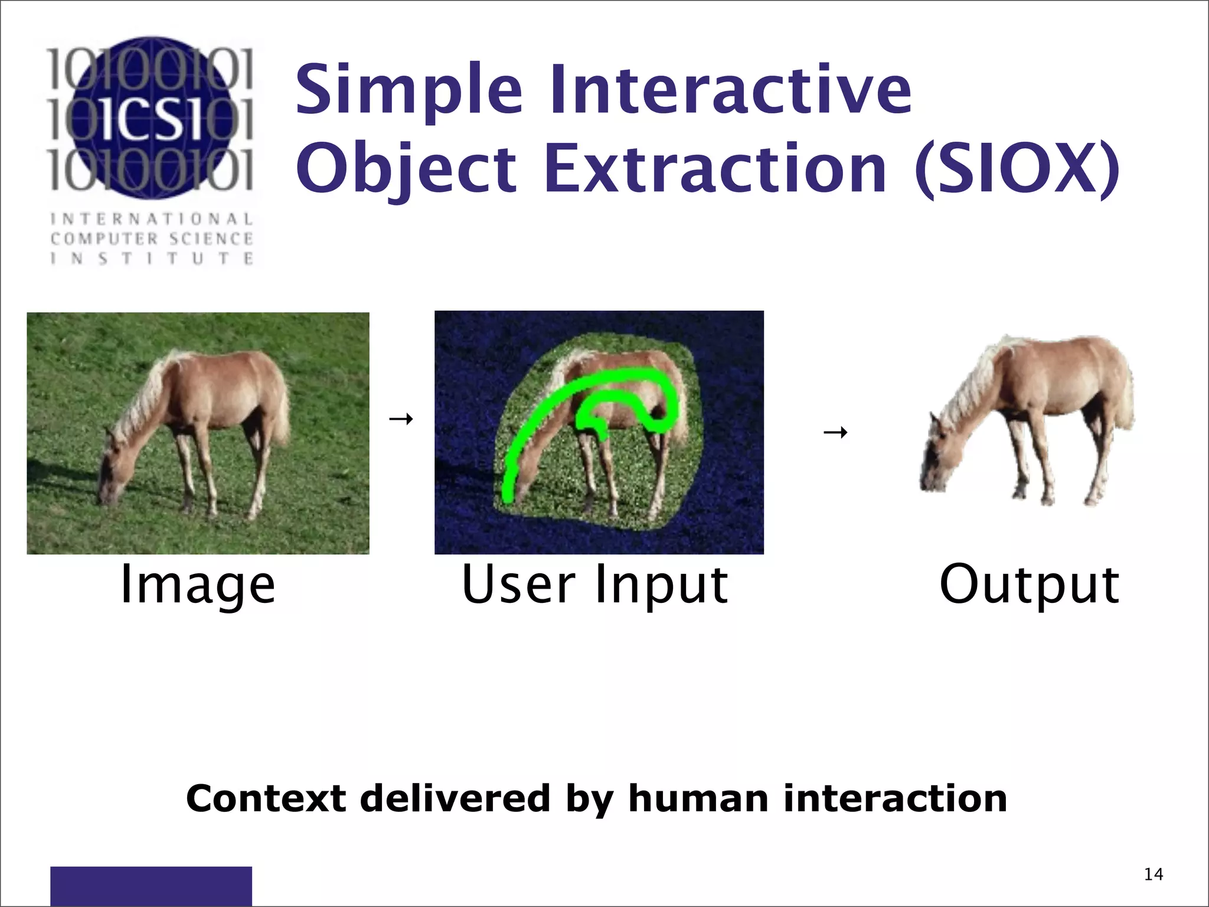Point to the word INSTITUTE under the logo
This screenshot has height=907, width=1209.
point(152,259)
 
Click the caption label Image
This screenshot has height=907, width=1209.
point(198,585)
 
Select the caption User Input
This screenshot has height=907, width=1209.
point(594,585)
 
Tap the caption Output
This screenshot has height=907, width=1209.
point(1029,585)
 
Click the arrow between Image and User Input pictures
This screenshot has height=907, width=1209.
point(401,419)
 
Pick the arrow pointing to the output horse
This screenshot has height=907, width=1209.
point(835,433)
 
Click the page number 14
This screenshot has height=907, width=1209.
point(1153,875)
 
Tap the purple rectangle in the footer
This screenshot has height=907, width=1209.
point(151,885)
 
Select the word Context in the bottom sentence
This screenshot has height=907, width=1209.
point(266,798)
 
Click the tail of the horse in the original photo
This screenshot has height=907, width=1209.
point(281,407)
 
